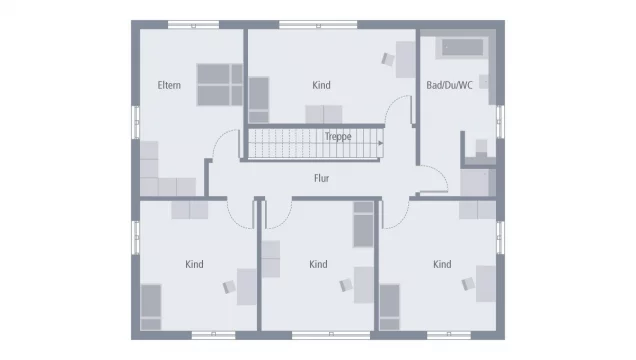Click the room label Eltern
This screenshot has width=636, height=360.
tap(169, 85)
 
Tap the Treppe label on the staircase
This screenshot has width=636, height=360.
tap(338, 136)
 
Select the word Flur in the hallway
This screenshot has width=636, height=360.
tap(321, 179)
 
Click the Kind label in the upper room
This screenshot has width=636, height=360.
tap(321, 85)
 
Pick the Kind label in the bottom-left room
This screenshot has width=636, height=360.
tap(194, 264)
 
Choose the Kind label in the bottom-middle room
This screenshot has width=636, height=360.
tap(318, 264)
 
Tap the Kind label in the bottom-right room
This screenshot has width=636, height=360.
tap(442, 264)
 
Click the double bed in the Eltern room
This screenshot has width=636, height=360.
tap(219, 84)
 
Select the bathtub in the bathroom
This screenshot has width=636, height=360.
tap(462, 46)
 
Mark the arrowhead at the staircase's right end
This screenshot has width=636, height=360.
tap(383, 144)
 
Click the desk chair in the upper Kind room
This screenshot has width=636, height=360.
tap(388, 60)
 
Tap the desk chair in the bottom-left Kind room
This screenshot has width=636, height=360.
tap(230, 286)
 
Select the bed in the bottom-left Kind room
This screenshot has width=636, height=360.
tap(151, 306)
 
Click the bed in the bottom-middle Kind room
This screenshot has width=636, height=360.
tap(363, 224)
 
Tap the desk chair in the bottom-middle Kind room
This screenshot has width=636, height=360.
tap(346, 285)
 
